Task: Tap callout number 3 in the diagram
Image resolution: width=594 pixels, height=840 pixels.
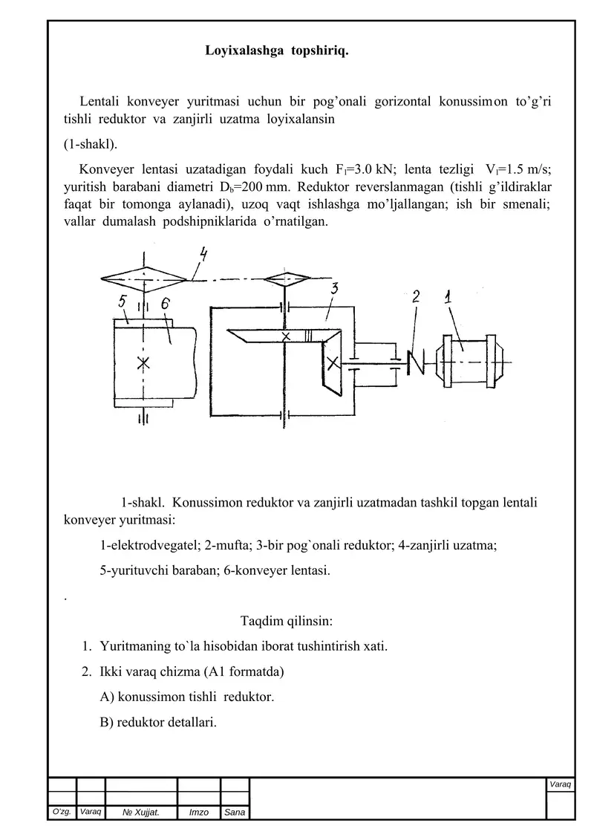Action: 335,290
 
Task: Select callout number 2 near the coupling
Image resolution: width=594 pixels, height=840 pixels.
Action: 417,297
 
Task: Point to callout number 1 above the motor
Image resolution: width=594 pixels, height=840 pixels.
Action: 450,297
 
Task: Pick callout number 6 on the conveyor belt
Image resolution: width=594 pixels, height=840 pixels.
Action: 165,304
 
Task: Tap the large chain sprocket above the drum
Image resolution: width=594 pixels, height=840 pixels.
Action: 144,278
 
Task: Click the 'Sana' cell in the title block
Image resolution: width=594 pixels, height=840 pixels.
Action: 235,813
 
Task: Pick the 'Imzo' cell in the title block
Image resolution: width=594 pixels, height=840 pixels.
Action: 198,813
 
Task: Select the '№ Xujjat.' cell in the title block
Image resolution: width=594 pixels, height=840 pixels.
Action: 140,813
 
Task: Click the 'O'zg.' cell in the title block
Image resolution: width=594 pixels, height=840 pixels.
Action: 62,813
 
